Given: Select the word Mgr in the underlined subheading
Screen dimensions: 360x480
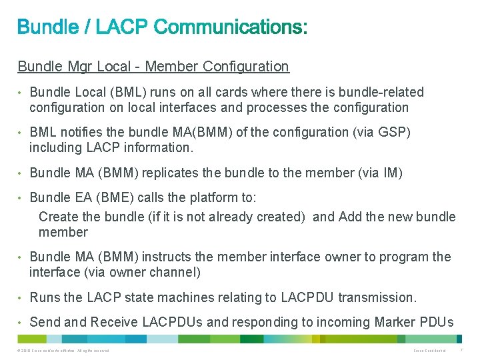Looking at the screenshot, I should tap(79, 67).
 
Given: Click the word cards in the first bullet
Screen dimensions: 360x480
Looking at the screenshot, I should tap(215, 92).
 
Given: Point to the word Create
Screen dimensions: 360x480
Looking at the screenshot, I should tap(58, 217).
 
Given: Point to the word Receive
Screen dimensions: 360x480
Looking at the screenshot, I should tap(115, 322).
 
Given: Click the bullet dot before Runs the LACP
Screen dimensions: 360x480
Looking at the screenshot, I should tap(21, 297).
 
